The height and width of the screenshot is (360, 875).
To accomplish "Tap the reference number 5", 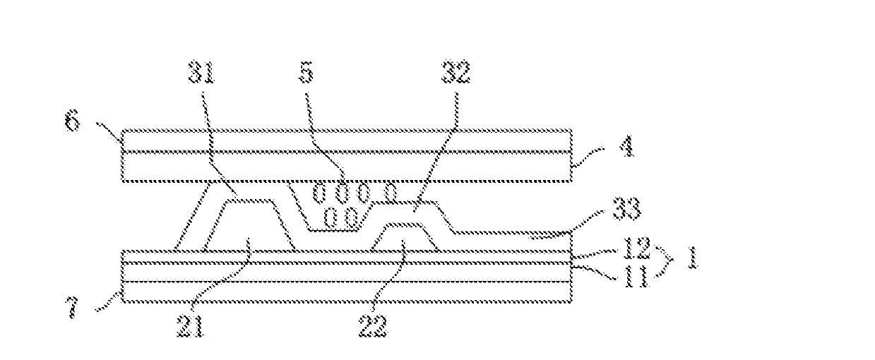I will [306, 73].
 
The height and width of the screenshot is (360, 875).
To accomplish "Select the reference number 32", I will [455, 72].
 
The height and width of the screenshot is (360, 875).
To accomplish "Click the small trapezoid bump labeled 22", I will [403, 236].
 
